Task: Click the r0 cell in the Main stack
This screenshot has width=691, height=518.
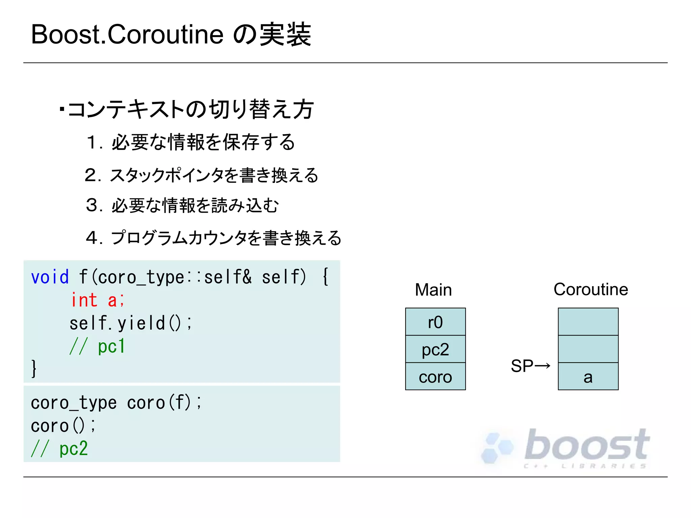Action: coord(435,322)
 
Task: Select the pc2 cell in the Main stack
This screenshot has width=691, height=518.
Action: coord(435,349)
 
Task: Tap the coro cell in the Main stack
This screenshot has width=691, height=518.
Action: coord(435,376)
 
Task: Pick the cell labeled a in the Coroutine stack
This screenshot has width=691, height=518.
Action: coord(588,376)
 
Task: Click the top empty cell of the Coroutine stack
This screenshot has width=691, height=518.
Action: coord(588,322)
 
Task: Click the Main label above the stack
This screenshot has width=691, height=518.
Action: coord(433,290)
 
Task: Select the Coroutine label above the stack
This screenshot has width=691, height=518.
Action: coord(591,289)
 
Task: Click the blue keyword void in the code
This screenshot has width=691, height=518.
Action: coord(50,277)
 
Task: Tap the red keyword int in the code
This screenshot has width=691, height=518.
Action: coord(84,300)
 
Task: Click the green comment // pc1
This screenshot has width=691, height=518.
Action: coord(98,346)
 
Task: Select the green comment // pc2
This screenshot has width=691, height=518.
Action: coord(60,449)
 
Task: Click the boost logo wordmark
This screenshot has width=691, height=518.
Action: coord(587,445)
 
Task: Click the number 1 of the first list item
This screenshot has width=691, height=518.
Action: coord(91,142)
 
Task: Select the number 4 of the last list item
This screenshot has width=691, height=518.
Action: coord(91,238)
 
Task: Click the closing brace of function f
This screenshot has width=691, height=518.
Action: coord(34,368)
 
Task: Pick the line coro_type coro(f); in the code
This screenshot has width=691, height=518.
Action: coord(116,403)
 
